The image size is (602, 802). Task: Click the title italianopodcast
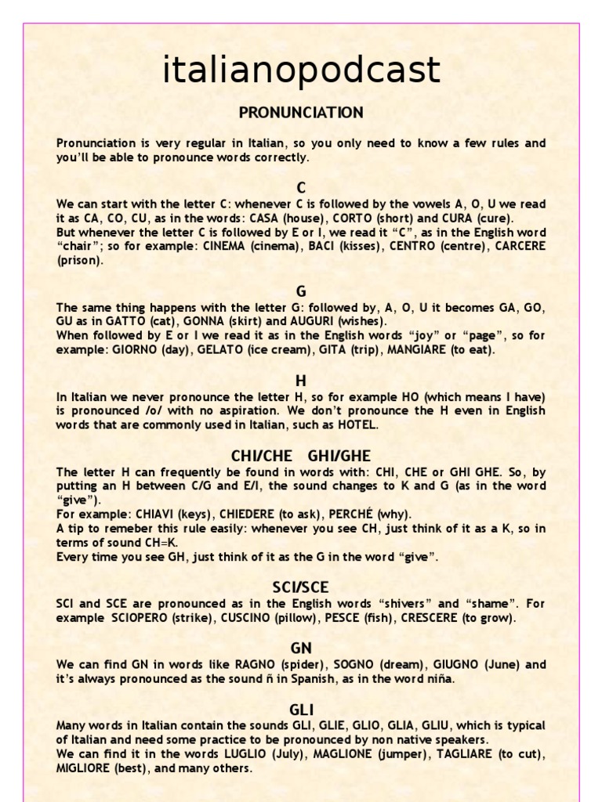point(301,71)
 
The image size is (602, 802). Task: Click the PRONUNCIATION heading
point(301,113)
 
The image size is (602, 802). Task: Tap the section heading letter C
point(301,188)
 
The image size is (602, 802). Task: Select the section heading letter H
point(301,381)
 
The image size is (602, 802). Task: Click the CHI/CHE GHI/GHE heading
point(301,457)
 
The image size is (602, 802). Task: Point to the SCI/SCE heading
point(301,587)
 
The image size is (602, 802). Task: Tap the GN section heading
point(301,648)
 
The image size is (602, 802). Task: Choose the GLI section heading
point(301,710)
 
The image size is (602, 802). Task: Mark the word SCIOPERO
point(134,618)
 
